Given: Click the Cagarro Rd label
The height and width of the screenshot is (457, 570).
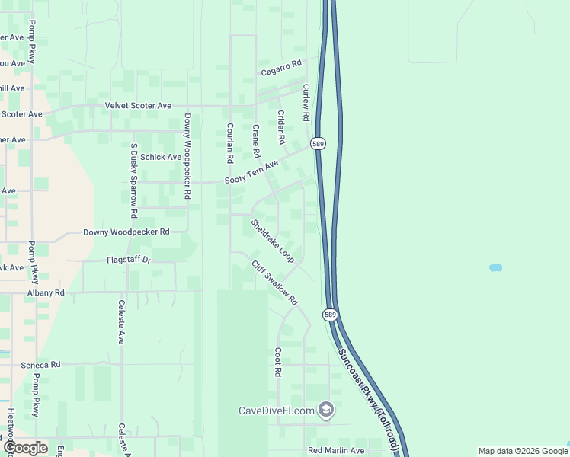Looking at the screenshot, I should (281, 67).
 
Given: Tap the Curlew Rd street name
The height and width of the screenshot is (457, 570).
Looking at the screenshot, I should (306, 103).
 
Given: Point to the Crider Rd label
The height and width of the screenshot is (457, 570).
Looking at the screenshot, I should (281, 127).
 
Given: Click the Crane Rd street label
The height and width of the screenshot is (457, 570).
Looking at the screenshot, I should (256, 142).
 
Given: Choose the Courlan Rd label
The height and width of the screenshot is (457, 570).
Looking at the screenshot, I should (229, 144).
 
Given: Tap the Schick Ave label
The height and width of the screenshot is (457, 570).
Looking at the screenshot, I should (161, 157).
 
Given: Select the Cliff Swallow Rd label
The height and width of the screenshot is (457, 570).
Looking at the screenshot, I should (275, 283).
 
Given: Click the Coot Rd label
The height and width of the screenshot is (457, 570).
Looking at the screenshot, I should (278, 363).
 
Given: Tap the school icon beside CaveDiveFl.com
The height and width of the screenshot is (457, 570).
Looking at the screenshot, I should (326, 411).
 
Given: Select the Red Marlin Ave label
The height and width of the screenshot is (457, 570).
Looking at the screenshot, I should (336, 451).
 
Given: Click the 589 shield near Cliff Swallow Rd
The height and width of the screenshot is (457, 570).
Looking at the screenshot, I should (330, 314).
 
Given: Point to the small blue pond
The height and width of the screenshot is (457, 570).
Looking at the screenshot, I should (495, 268).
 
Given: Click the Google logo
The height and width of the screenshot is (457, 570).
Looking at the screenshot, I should (25, 449).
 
